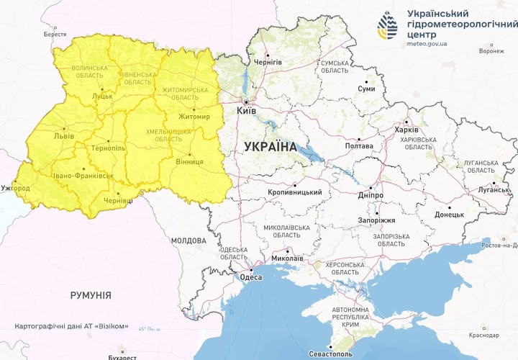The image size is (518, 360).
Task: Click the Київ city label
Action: coord(246,111)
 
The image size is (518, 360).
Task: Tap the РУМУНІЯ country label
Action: coord(91,295)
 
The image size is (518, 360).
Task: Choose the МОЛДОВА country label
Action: coord(188,240)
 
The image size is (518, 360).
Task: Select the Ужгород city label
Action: coord(15,187)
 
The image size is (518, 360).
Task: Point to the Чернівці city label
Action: coord(119,201)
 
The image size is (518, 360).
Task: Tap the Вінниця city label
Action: coord(189,163)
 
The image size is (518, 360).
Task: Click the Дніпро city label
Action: coord(370,195)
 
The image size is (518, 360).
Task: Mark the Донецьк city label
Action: coord(449,215)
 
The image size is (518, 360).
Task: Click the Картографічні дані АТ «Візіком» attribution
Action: coord(72,326)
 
